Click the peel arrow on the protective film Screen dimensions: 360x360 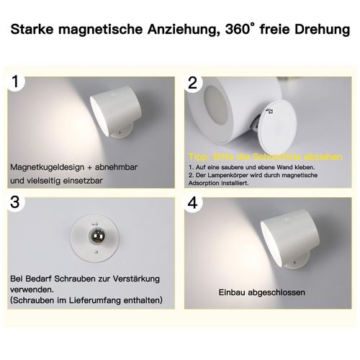pyautogui.click(x=269, y=112)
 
